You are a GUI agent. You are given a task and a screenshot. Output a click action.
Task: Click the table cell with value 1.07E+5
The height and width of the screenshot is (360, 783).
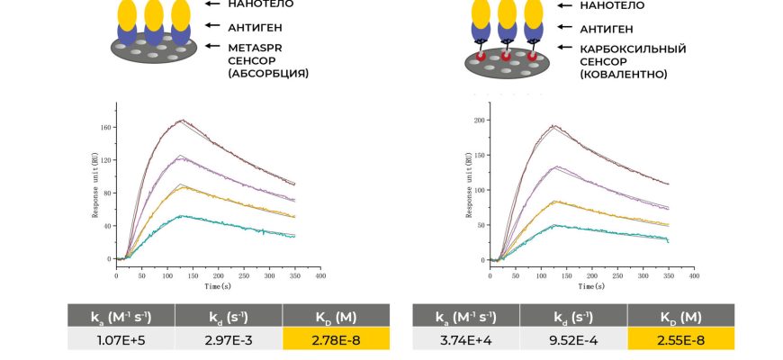point(121,338)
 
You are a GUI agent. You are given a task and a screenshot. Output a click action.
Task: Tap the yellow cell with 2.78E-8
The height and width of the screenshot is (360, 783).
point(336,338)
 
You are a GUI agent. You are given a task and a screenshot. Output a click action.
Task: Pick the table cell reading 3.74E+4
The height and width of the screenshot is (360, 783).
point(465,338)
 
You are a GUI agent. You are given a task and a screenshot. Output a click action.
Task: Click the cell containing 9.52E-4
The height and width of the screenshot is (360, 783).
point(572,338)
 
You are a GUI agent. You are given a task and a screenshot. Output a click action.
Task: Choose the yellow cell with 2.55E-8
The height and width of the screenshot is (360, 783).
point(680,338)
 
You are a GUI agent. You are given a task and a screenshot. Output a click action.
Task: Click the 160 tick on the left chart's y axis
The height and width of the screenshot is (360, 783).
point(104,127)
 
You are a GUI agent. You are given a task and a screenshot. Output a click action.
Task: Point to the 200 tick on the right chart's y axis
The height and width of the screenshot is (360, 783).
point(479,120)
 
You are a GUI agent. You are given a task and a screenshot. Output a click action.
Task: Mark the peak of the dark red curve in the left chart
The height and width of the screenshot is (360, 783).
point(182,120)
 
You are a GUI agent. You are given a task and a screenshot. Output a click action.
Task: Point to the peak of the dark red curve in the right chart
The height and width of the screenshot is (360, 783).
point(553,126)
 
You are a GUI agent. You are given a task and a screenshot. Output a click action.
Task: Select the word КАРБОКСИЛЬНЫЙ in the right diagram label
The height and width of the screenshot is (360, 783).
point(621,49)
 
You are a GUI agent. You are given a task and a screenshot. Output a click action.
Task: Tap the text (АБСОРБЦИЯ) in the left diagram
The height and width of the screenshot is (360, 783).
point(268,74)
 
